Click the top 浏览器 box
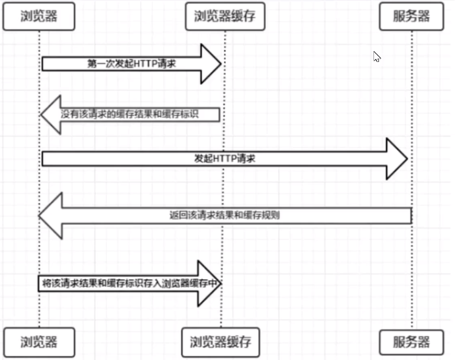39,16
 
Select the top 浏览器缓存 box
225,16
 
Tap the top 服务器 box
412,16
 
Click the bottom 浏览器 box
39,342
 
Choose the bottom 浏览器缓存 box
221,342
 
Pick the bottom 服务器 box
412,342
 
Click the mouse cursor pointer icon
376,56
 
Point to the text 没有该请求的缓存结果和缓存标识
139,114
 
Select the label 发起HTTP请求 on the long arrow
224,160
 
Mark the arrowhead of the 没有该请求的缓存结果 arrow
50,114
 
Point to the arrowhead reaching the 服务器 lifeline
398,160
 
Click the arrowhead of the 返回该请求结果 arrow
50,215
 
